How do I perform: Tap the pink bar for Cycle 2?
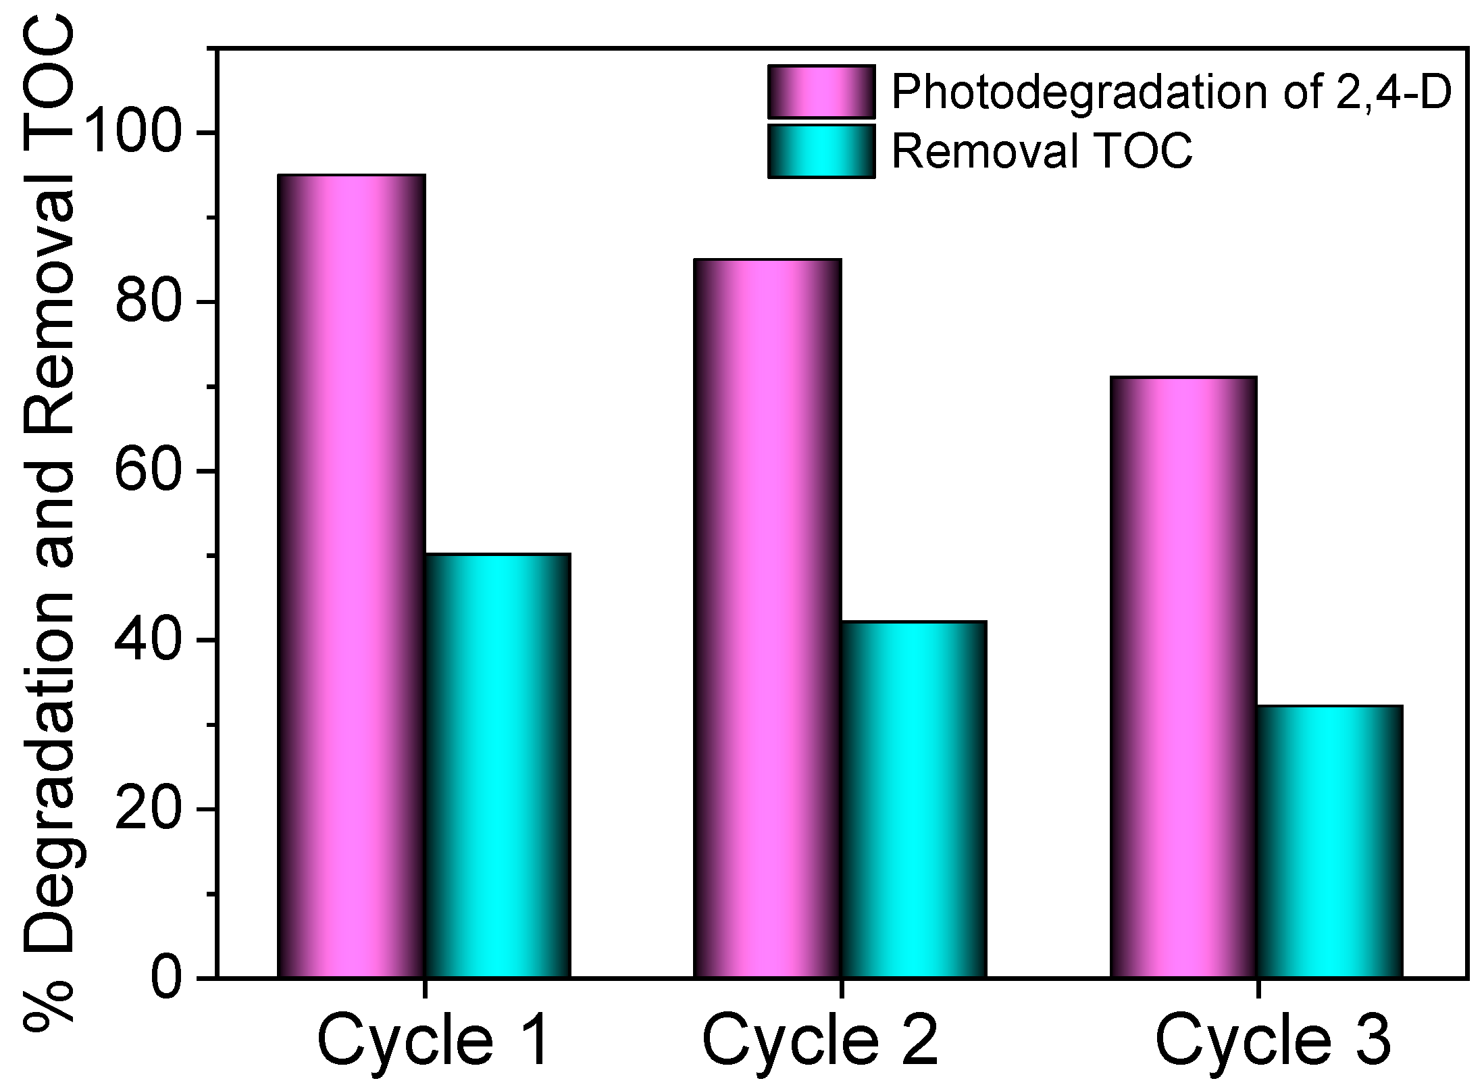coord(767,617)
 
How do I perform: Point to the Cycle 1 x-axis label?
coord(432,1041)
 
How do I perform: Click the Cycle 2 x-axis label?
coord(820,1041)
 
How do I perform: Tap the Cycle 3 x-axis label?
coord(1273,1041)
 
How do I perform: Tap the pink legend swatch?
coord(821,92)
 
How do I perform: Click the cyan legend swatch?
coord(821,151)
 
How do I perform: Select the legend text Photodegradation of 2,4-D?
coord(1171,92)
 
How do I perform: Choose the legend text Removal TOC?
coord(1042,151)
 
